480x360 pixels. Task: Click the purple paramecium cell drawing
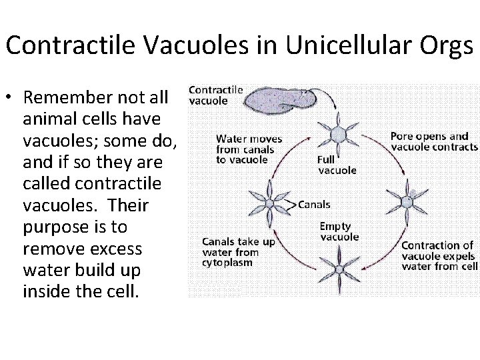pos(274,100)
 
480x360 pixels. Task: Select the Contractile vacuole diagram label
pos(216,95)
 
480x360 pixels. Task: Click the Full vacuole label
pos(337,165)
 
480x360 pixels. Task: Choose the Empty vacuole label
pos(339,231)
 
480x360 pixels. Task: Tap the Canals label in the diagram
pos(313,204)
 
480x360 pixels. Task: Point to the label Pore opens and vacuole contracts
pos(433,142)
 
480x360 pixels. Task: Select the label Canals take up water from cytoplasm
pos(238,252)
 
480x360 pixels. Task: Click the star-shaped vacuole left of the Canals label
pos(269,203)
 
